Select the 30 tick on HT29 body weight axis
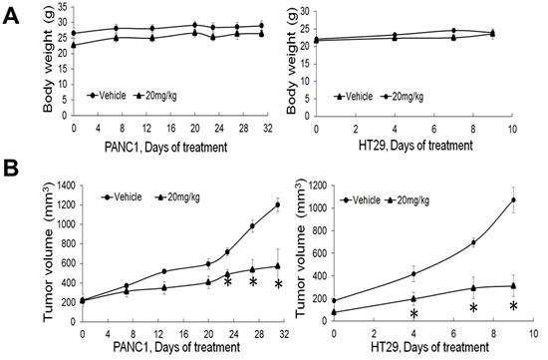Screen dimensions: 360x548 point(302,11)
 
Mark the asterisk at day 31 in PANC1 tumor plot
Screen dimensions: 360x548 point(279,285)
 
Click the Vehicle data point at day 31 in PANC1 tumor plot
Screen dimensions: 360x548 point(276,204)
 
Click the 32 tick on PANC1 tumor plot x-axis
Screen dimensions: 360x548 point(285,334)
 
